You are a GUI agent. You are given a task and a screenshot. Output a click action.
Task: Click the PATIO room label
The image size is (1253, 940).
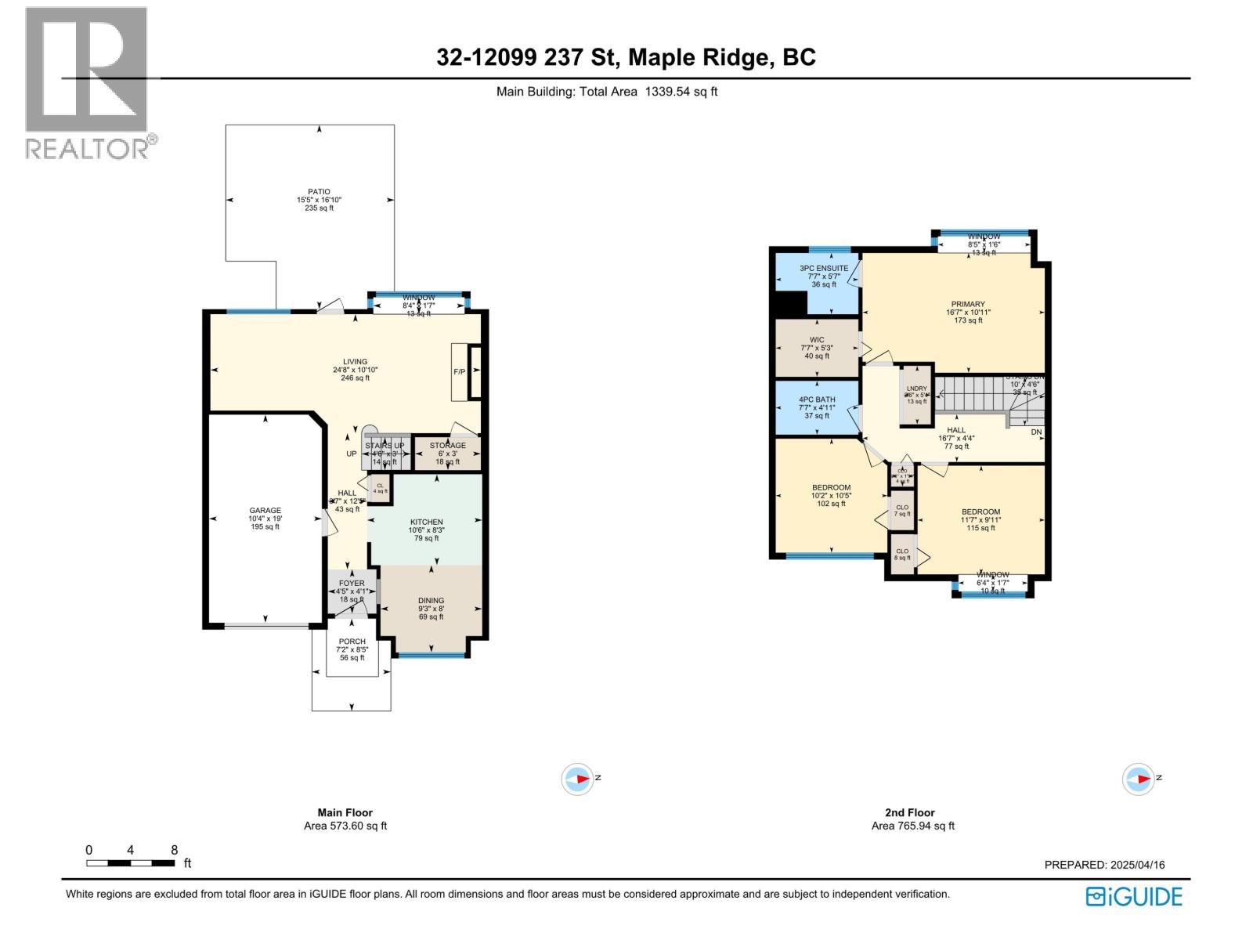click(319, 192)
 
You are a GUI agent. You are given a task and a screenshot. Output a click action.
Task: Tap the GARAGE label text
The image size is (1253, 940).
click(265, 511)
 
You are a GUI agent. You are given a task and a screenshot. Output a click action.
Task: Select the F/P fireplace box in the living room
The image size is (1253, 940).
click(460, 372)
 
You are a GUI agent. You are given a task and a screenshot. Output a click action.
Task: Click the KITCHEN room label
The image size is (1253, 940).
click(426, 522)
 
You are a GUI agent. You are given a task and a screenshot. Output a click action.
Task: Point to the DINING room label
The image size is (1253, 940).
click(431, 601)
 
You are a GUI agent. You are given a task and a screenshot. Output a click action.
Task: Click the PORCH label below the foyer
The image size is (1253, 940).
click(352, 642)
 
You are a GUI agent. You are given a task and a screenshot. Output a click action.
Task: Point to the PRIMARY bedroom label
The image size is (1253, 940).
click(968, 305)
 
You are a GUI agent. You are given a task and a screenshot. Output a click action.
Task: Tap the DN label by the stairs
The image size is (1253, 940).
click(1036, 432)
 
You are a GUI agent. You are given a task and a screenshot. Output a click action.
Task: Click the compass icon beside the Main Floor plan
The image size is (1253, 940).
click(578, 779)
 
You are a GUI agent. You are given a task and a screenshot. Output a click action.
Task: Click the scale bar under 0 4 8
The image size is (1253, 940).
click(130, 863)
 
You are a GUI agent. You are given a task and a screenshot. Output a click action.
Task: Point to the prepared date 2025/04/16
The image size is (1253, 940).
click(1136, 865)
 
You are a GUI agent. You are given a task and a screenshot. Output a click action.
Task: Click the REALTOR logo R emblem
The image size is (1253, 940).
click(86, 69)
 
